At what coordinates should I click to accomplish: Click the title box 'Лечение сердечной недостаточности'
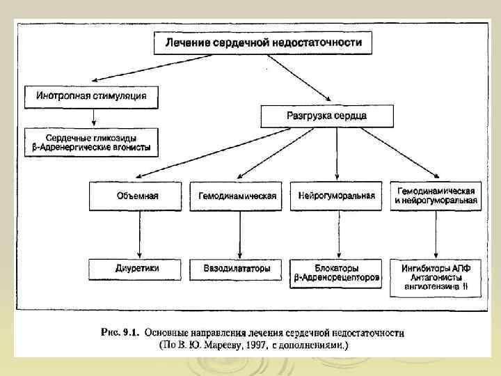coord(263,43)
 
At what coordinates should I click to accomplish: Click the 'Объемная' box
coord(136,196)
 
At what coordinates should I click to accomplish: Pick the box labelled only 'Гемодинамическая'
coord(237,196)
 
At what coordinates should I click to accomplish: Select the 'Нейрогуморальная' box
coord(336,196)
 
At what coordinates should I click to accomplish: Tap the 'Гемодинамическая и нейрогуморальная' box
coord(436,196)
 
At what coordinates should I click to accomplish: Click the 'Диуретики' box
coord(137,268)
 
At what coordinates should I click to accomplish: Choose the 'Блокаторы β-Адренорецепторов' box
coord(336,273)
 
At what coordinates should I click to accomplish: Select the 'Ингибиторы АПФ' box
coord(436,273)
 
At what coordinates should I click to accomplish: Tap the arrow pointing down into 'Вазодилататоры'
coord(240,234)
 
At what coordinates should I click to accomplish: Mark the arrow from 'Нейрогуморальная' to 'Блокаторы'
coord(337,234)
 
